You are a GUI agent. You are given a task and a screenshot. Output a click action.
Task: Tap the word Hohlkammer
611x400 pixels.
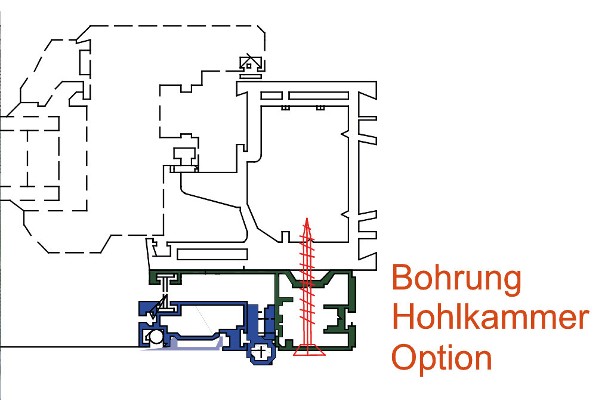(490, 318)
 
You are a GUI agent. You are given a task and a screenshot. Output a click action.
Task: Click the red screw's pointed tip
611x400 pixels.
(306, 221)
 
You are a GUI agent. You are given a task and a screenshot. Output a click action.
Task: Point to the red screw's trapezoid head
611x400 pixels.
(308, 350)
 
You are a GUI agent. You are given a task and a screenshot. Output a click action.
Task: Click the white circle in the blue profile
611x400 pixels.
(156, 337)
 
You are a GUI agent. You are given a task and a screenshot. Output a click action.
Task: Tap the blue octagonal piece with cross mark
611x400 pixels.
(261, 352)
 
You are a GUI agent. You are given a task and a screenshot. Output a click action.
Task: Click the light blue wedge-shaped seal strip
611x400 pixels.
(191, 345)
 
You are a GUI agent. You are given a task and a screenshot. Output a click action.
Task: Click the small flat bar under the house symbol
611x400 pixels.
(251, 75)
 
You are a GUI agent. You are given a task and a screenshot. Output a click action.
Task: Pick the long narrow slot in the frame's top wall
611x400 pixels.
(318, 96)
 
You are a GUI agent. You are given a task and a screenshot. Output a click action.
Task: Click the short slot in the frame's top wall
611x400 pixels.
(271, 96)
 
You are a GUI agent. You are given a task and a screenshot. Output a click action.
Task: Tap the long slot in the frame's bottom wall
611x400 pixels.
(212, 254)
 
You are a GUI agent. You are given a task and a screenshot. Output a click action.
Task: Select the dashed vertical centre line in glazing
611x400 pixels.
(27, 158)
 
